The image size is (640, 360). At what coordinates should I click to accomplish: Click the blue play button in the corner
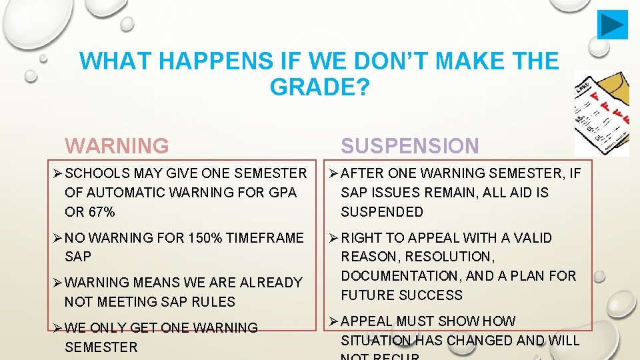612,25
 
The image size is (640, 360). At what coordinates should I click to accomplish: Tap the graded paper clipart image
601,113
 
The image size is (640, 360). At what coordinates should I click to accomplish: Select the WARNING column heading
117,145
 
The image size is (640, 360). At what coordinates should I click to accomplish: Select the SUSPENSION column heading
409,145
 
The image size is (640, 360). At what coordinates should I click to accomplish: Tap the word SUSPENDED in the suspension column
381,212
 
